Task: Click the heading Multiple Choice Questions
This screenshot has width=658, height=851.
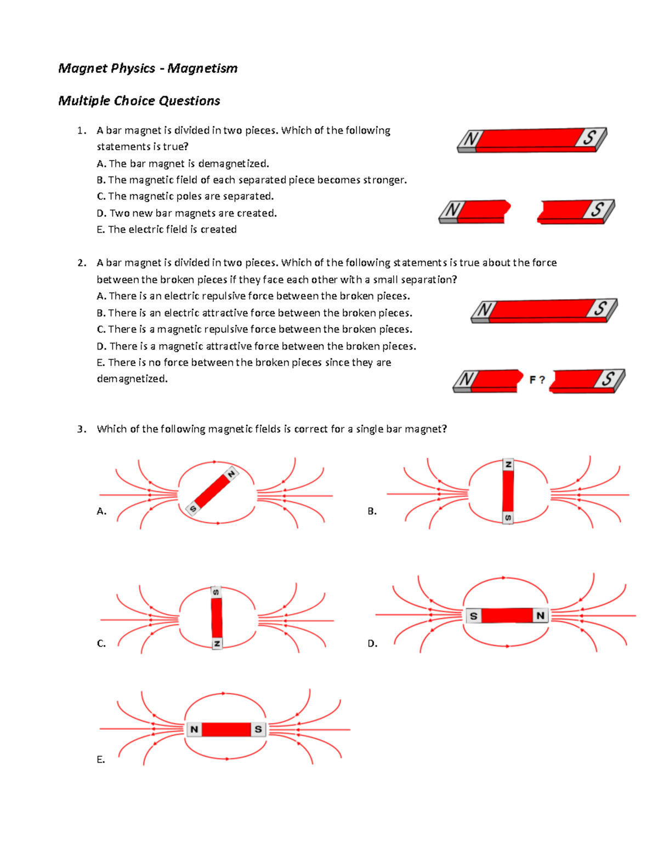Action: [x=139, y=101]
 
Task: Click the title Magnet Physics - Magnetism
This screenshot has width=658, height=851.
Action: [x=148, y=68]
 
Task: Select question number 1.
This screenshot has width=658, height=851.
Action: [x=81, y=130]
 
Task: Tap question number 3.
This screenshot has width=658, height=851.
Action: [x=81, y=429]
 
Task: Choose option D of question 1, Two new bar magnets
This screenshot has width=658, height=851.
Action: [x=186, y=213]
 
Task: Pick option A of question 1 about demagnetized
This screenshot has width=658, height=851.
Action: [x=183, y=163]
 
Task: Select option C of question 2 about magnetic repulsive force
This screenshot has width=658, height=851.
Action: [x=254, y=329]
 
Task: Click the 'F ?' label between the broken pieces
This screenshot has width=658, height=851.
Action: [x=537, y=380]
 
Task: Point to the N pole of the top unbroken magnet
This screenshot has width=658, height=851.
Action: [x=470, y=139]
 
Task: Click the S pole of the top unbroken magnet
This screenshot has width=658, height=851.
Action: [x=589, y=137]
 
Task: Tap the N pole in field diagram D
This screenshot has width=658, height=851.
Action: [x=541, y=615]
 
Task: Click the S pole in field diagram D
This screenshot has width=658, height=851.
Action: [x=474, y=616]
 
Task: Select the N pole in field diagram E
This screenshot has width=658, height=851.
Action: [x=194, y=729]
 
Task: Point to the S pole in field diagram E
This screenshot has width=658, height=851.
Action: [x=258, y=729]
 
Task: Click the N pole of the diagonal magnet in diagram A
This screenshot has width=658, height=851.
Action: [x=231, y=474]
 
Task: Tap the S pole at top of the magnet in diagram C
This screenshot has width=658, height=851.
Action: [x=216, y=592]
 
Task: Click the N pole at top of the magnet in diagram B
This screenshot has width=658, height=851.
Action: [x=508, y=465]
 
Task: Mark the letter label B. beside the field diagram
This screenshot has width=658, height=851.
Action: [x=372, y=511]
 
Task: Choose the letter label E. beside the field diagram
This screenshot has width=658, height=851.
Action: [x=100, y=759]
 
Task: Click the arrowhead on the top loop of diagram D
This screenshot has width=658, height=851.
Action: [x=503, y=578]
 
